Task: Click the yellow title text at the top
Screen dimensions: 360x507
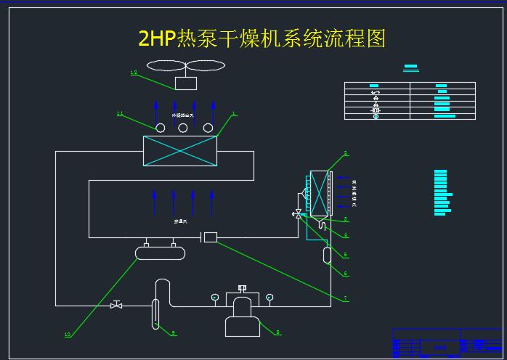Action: (261, 38)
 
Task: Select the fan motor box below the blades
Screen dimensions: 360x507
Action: (186, 83)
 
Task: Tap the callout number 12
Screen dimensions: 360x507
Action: (133, 73)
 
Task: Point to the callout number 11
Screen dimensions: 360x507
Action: (121, 113)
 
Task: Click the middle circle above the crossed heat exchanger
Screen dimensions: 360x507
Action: (183, 128)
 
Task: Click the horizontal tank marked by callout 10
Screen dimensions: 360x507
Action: (160, 252)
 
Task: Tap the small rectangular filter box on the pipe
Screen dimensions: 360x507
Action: (211, 237)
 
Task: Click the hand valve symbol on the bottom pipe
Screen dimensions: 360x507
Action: (116, 305)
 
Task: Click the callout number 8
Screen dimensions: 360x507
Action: (277, 332)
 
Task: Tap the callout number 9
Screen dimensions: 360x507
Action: (174, 333)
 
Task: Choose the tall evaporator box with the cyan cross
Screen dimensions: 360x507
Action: (318, 192)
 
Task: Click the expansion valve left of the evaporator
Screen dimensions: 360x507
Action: (298, 213)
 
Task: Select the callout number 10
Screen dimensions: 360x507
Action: (68, 335)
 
